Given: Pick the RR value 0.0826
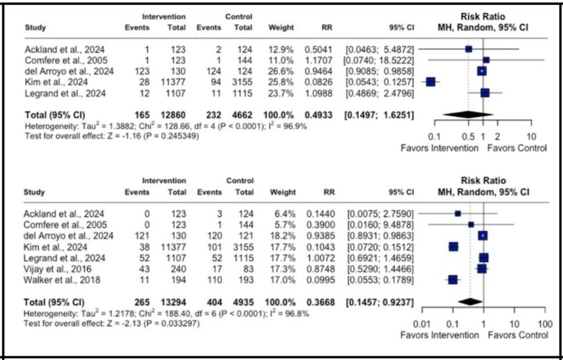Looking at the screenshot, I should point(318,82).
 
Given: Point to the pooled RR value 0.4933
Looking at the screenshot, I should point(318,115).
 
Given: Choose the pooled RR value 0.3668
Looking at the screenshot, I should point(318,302).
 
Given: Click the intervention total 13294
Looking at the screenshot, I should point(174,302).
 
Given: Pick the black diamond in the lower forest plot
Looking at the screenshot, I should point(470,302).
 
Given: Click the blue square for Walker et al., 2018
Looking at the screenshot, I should point(453,280).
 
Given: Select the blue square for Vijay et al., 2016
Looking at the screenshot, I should point(481,269).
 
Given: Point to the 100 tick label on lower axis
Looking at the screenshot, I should point(544,323).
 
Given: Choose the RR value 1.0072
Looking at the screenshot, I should point(318,258).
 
